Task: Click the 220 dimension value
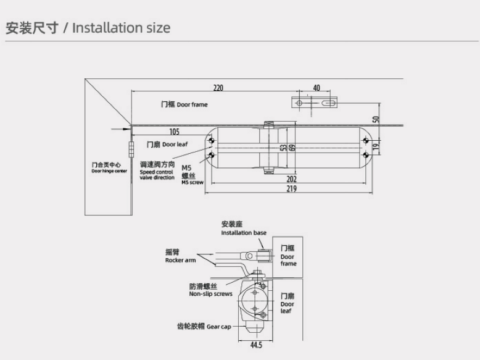[218, 88]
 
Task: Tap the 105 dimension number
[174, 132]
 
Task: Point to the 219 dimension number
[291, 189]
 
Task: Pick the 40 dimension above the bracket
[317, 88]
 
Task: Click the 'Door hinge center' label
[109, 168]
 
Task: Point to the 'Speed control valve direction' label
[157, 170]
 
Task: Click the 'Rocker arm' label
[180, 256]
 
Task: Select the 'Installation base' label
[244, 228]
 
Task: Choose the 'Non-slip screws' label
[211, 290]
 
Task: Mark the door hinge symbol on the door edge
[131, 149]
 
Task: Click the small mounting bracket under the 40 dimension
[313, 102]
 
